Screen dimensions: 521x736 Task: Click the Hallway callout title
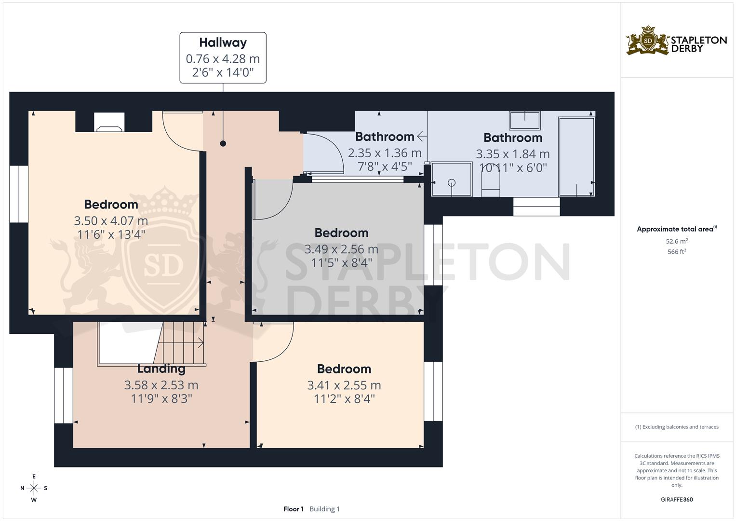223,42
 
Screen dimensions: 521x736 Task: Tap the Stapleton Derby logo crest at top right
648,41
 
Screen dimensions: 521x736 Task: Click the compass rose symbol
34,488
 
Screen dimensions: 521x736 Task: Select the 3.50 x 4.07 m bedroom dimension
111,221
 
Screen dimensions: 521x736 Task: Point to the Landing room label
161,369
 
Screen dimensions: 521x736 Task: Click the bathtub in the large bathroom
576,156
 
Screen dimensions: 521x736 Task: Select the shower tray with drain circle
452,179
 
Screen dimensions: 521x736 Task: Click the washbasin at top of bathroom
525,120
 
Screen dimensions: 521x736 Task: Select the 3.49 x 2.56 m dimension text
341,249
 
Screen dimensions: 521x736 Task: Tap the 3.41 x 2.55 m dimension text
344,385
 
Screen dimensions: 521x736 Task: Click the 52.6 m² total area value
677,241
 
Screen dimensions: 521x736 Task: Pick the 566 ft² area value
677,252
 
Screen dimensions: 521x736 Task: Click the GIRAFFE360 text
677,499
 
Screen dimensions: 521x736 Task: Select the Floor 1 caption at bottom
293,509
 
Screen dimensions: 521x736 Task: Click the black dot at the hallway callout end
223,143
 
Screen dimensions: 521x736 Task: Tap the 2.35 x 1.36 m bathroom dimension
385,153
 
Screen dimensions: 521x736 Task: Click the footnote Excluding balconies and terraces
677,427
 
